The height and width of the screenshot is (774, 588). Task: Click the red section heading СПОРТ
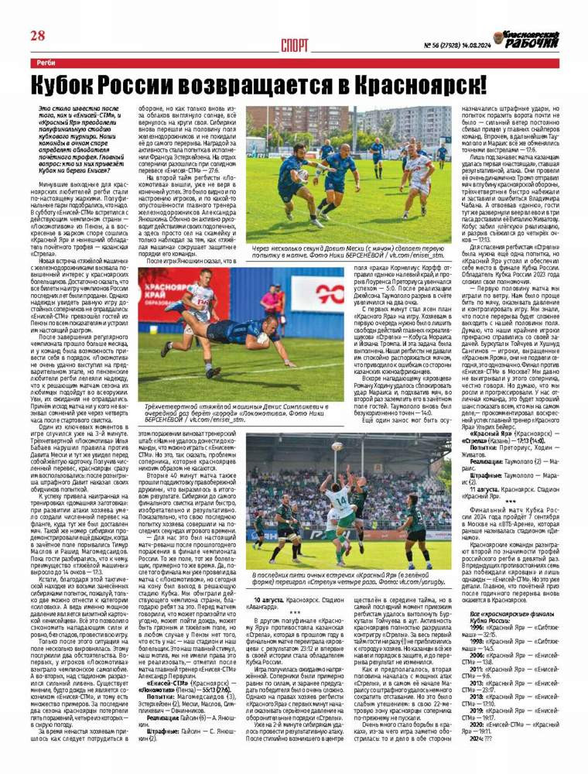297,44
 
